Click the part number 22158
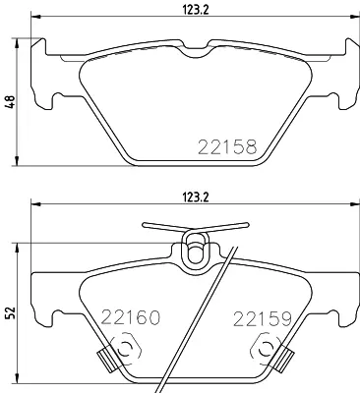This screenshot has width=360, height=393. pyautogui.click(x=227, y=146)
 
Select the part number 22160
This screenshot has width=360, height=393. pyautogui.click(x=131, y=316)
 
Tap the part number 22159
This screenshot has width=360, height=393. pyautogui.click(x=263, y=318)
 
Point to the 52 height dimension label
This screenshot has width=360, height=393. pyautogui.click(x=10, y=312)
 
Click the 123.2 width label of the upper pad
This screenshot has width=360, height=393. pyautogui.click(x=195, y=10)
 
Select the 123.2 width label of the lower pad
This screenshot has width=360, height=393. pyautogui.click(x=195, y=197)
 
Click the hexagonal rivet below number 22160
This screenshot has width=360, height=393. pyautogui.click(x=125, y=349)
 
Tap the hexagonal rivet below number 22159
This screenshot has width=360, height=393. pyautogui.click(x=266, y=351)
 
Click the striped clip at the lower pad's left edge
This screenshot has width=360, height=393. pyautogui.click(x=107, y=361)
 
